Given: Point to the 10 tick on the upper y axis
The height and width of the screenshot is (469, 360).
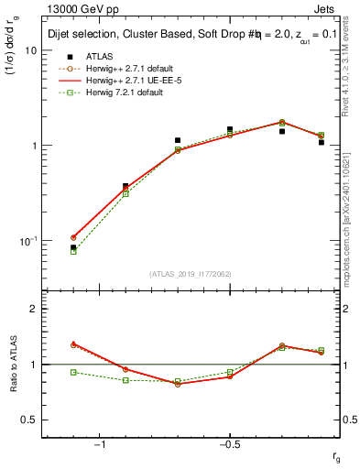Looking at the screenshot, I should click(30, 50).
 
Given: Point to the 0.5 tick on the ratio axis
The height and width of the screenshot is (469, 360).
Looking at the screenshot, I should click(28, 420).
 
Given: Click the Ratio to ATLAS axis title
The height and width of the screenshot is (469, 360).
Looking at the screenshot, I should click(14, 364).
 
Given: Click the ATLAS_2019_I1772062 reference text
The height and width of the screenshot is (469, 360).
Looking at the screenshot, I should click(191, 274).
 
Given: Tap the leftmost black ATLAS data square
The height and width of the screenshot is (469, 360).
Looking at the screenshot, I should click(73, 247).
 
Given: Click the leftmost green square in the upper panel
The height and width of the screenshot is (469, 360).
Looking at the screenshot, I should click(73, 251).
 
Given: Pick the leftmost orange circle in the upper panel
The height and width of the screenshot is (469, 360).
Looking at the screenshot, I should click(73, 237).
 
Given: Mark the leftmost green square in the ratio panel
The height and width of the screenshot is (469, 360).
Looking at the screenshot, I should click(73, 372).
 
